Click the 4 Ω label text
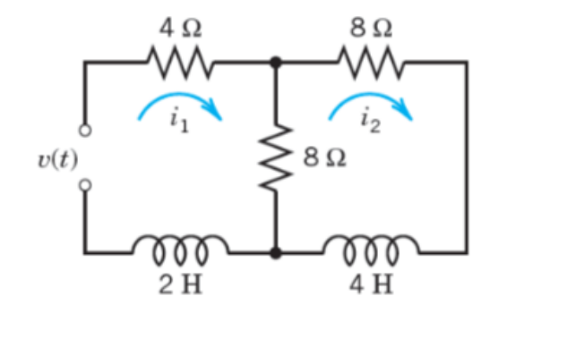179,28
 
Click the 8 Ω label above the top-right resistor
371,28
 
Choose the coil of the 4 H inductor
371,248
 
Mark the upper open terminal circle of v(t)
85,131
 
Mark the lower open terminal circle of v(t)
85,185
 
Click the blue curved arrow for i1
179,103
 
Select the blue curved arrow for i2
371,103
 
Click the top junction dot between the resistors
276,63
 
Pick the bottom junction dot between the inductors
276,253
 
